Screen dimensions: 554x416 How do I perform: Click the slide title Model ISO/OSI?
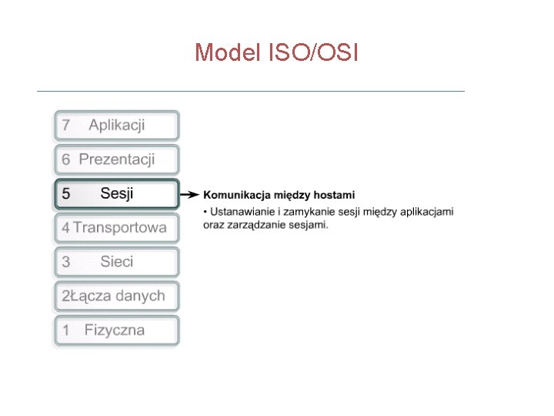(x=276, y=52)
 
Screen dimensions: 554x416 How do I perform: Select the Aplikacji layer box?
(x=117, y=126)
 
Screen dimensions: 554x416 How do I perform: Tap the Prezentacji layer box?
(x=117, y=159)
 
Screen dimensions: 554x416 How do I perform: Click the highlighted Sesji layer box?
(x=117, y=193)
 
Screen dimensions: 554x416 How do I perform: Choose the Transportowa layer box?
(x=117, y=227)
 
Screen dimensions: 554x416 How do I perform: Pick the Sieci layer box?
(x=117, y=262)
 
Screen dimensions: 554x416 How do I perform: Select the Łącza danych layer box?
(x=117, y=296)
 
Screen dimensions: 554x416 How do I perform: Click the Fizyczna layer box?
(x=117, y=330)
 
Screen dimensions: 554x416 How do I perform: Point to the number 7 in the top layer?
(x=66, y=126)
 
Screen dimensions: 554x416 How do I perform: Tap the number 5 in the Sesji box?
(x=66, y=194)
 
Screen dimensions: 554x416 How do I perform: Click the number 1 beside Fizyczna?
(x=66, y=330)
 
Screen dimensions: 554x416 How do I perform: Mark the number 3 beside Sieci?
(x=66, y=262)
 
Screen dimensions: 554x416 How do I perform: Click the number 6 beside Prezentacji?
(x=66, y=160)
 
